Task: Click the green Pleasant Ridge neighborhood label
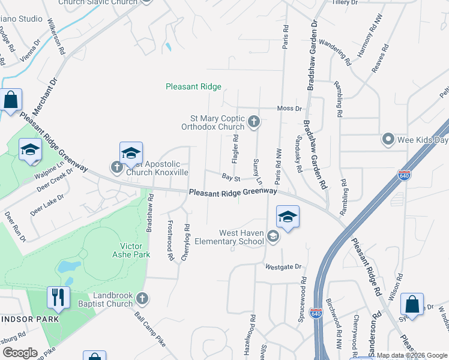point(193,87)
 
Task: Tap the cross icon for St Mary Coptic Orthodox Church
point(254,122)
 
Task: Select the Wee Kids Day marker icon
point(388,140)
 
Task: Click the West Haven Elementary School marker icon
point(273,237)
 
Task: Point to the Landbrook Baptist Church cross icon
point(142,298)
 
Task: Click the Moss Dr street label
point(289,109)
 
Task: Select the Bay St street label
point(231,178)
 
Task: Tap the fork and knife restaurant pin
point(58,297)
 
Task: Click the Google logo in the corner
point(19,353)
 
